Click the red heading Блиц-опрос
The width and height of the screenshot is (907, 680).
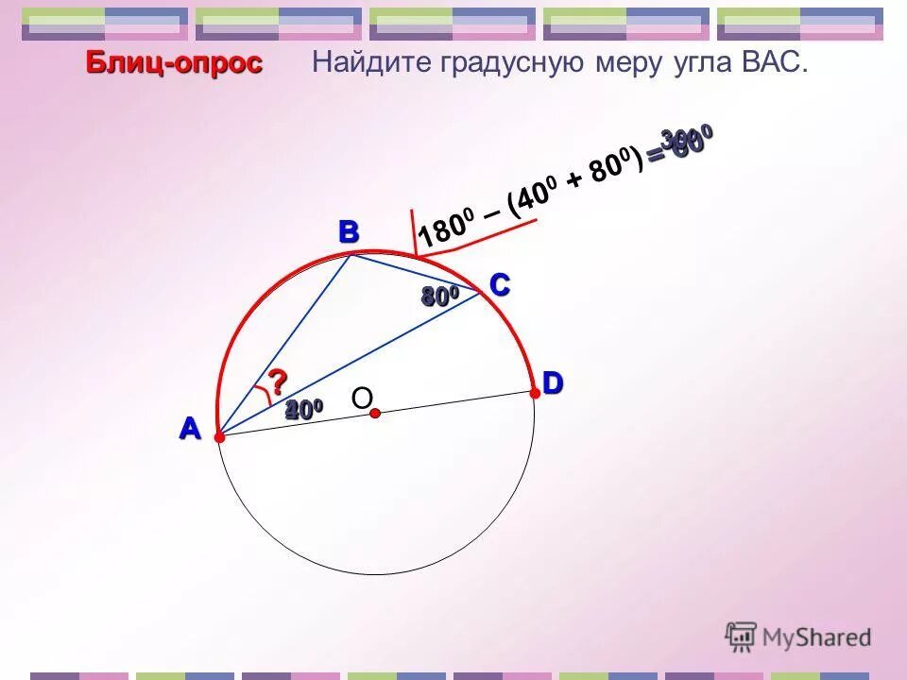pyautogui.click(x=174, y=63)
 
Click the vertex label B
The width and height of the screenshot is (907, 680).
pyautogui.click(x=349, y=231)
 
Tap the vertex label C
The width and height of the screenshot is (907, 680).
pyautogui.click(x=499, y=284)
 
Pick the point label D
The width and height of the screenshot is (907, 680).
pyautogui.click(x=552, y=382)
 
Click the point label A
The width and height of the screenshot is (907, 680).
pyautogui.click(x=191, y=429)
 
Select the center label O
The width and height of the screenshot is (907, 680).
pyautogui.click(x=362, y=399)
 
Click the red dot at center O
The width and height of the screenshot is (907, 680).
pyautogui.click(x=375, y=414)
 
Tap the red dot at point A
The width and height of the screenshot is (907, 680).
pyautogui.click(x=219, y=437)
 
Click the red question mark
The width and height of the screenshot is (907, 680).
pyautogui.click(x=277, y=382)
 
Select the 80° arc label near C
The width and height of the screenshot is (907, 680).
pyautogui.click(x=439, y=297)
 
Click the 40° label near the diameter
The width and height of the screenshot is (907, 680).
pyautogui.click(x=304, y=409)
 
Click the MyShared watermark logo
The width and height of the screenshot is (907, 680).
pyautogui.click(x=798, y=637)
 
